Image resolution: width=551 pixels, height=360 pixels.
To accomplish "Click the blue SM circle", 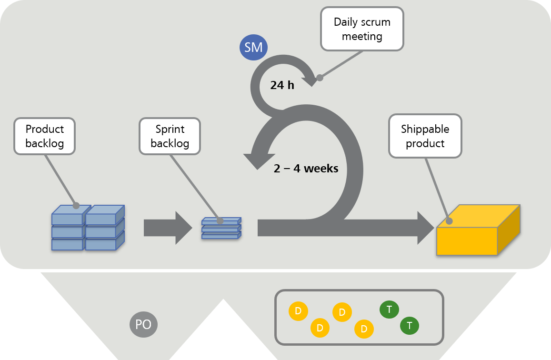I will coord(253,48).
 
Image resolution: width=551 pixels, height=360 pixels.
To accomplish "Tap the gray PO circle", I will coord(143,325).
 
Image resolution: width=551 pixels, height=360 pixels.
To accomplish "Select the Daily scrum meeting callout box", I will coord(362,29).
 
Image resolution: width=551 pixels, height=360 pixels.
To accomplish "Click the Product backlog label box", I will coord(45,136).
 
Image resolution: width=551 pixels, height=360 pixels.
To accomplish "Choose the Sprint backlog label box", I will coord(170,136).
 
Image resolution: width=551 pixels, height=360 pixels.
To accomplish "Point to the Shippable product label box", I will coord(425,136).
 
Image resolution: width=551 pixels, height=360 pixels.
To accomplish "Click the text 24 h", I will coord(282,85).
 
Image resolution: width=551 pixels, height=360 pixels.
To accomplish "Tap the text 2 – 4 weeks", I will coord(306,169).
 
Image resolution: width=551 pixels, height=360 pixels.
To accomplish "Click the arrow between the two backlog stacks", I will coord(167,228).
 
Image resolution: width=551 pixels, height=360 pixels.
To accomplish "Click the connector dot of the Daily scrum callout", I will coord(320,78).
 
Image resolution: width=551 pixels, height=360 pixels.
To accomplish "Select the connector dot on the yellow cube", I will coord(449,221).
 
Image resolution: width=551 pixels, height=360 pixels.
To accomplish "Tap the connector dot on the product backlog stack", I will coord(76,206).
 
